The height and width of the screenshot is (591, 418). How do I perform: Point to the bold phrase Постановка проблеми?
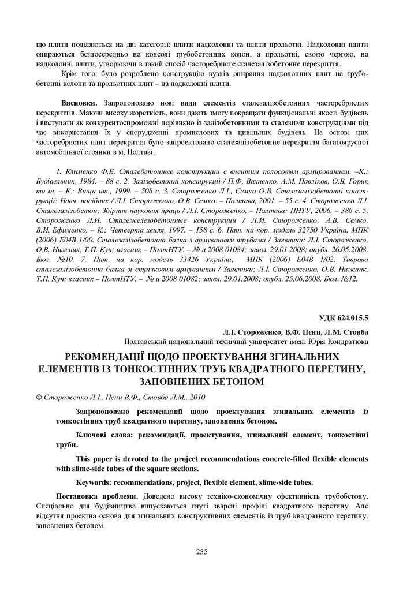coord(96,496)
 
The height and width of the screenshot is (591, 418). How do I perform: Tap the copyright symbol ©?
coord(39,397)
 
